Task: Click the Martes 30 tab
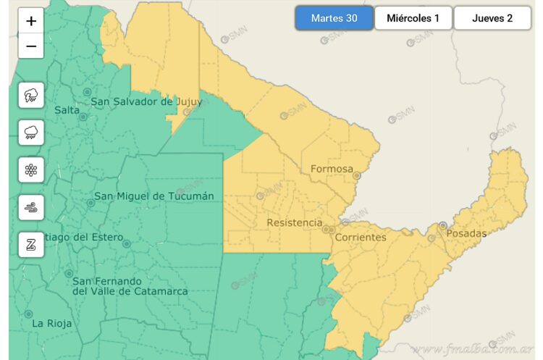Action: click(334, 18)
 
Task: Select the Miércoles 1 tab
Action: click(413, 18)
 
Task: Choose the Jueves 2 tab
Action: click(492, 18)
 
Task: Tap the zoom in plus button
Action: click(31, 21)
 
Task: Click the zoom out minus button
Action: click(31, 46)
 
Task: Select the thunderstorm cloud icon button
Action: click(31, 95)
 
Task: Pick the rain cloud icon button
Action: click(31, 133)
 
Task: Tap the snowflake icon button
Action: click(31, 170)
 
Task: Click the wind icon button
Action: click(31, 208)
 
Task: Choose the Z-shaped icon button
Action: click(31, 245)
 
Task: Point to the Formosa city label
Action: click(332, 169)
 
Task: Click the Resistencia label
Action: click(295, 222)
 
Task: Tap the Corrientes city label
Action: click(361, 237)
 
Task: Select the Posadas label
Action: click(466, 233)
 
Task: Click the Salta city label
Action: click(67, 110)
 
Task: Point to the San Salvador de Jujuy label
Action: click(146, 101)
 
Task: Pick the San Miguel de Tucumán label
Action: click(154, 196)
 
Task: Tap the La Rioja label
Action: click(51, 324)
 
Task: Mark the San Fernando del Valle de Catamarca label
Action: click(130, 286)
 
